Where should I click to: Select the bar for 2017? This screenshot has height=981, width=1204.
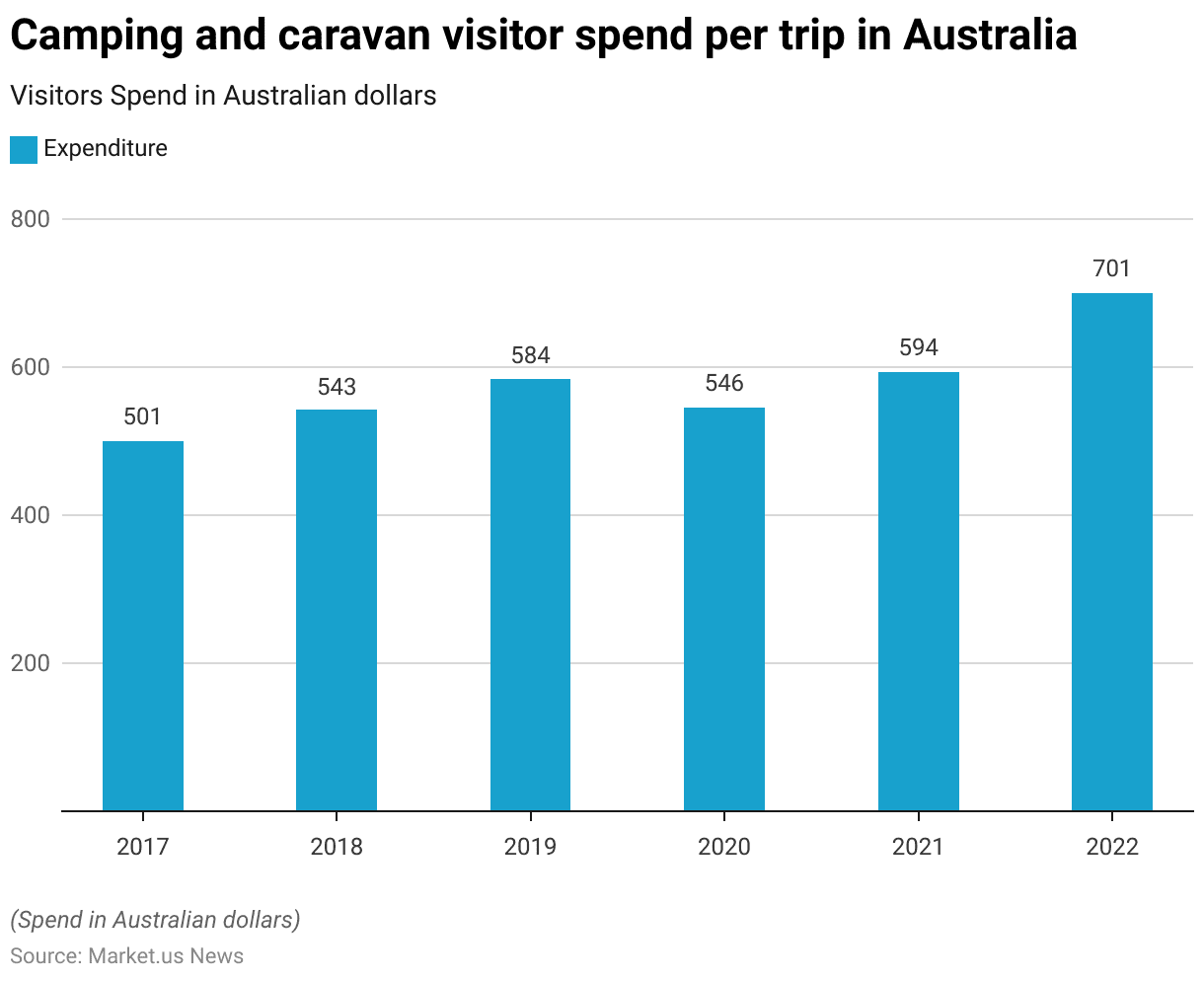143,626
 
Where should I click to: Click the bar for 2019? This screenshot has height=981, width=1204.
530,594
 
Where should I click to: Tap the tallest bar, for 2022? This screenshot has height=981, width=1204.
1111,552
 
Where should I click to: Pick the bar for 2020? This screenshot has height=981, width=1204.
724,609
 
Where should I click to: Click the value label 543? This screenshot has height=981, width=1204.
337,387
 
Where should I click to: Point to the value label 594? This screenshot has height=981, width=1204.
918,348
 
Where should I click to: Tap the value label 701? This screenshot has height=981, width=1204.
1111,268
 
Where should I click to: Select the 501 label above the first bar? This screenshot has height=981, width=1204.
142,417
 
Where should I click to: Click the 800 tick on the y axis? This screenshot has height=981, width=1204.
30,219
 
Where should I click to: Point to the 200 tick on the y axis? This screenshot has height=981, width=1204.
30,663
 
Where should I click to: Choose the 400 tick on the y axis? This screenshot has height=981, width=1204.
30,515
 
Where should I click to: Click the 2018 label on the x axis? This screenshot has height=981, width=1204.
337,847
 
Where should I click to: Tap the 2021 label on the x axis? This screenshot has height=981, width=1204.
918,847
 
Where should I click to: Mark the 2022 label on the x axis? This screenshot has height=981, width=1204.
1111,847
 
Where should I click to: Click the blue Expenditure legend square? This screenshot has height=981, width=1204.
24,149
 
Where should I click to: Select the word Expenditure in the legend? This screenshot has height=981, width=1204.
106,149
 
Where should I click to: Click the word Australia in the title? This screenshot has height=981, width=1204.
990,37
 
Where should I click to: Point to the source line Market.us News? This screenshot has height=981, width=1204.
126,955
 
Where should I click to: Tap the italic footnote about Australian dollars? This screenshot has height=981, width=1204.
155,920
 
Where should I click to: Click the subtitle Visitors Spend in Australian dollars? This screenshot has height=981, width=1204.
223,96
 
